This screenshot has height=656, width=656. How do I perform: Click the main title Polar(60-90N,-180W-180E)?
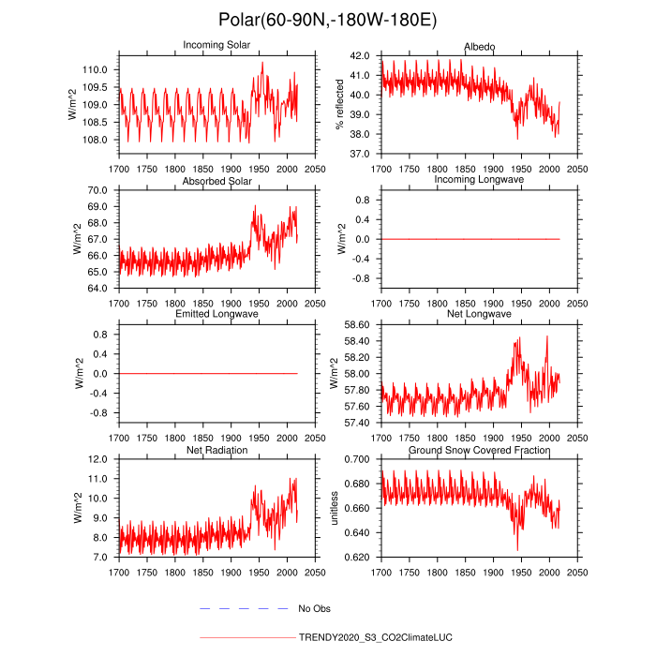click(327, 21)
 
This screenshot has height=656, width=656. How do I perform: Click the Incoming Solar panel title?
click(216, 45)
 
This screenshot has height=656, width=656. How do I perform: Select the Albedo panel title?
click(479, 47)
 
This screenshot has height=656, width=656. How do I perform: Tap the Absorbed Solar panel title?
click(216, 180)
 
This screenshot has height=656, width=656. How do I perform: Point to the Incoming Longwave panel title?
click(479, 180)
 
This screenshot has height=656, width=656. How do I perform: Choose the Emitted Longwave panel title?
click(216, 314)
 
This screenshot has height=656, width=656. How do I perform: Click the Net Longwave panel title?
click(479, 314)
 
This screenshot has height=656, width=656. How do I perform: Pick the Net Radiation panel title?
click(216, 451)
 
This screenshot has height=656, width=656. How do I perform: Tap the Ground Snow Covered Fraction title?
click(479, 451)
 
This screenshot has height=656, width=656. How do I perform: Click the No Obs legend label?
click(315, 609)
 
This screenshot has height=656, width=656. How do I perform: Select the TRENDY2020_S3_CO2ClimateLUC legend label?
click(375, 637)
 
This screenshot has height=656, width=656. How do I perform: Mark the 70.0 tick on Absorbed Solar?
click(100, 190)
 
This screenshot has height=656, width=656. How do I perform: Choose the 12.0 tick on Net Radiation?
click(100, 459)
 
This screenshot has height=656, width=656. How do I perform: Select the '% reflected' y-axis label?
click(341, 104)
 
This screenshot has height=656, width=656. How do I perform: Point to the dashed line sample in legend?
click(244, 609)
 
